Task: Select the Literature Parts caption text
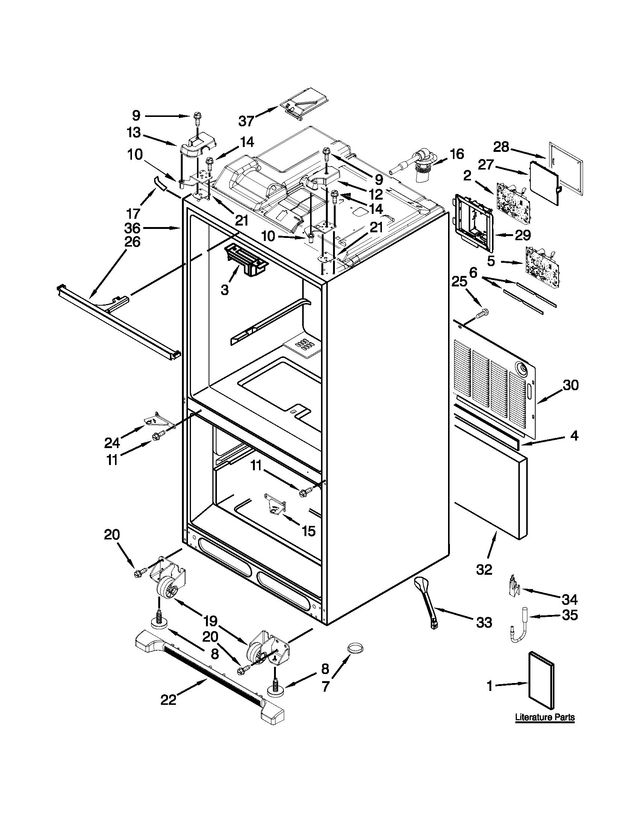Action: click(x=545, y=717)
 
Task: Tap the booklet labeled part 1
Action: click(x=541, y=684)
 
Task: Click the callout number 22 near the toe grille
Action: click(x=168, y=700)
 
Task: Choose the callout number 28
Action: click(x=501, y=147)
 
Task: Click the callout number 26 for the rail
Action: click(x=132, y=241)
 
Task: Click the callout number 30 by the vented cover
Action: click(x=571, y=385)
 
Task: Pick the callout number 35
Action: click(x=570, y=615)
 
